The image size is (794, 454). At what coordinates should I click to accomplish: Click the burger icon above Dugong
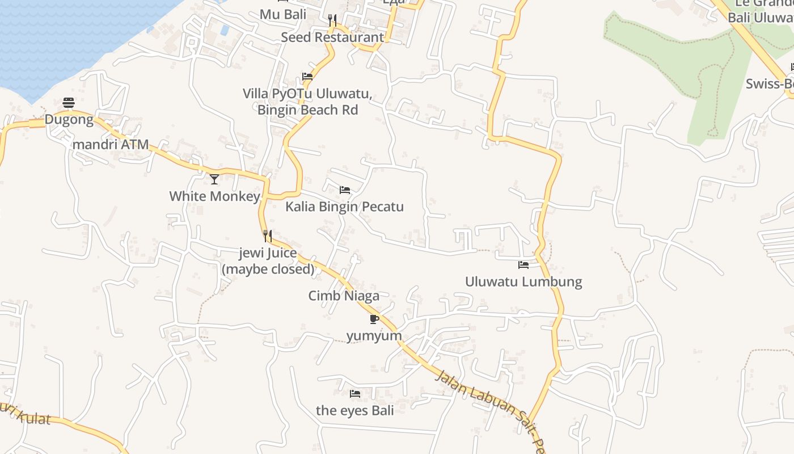click(69, 103)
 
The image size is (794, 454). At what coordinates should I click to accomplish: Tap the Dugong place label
click(69, 120)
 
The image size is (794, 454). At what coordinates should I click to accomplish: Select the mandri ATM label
click(111, 145)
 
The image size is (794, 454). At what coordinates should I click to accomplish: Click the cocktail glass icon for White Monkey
click(214, 179)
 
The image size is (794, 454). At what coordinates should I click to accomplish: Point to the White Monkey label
click(214, 196)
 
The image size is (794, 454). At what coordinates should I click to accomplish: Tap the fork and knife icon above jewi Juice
click(268, 236)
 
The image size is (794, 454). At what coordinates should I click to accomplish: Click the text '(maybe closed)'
click(268, 269)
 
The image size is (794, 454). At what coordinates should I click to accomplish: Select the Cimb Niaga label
click(344, 296)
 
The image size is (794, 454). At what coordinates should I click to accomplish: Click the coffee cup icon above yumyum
click(374, 319)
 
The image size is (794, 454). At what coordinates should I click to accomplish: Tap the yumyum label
click(374, 336)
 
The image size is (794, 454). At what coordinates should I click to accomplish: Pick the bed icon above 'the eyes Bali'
click(355, 393)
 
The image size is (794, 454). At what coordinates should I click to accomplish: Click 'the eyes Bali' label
click(355, 410)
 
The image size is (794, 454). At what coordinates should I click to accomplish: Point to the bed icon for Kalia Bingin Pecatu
click(345, 190)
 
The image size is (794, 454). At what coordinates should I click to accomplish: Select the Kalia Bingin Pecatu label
click(344, 207)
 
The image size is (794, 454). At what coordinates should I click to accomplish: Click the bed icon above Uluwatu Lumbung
click(523, 265)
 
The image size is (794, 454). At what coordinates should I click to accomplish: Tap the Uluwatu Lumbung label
click(523, 281)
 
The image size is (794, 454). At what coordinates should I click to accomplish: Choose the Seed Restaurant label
click(332, 37)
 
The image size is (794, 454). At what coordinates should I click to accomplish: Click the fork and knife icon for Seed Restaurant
click(332, 20)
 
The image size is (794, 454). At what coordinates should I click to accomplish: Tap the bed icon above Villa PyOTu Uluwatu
click(307, 77)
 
